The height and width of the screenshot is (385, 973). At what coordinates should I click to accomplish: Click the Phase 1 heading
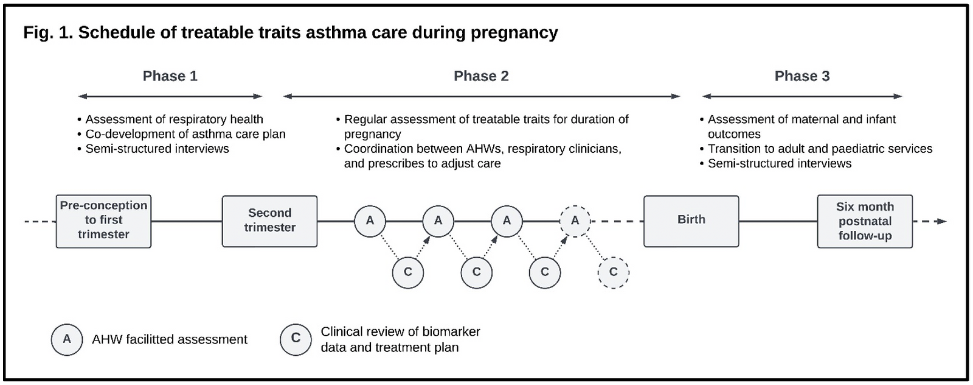click(x=170, y=76)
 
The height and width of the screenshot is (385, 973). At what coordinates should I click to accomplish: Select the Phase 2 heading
click(x=481, y=76)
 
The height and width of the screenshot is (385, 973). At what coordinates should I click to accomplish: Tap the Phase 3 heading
click(x=802, y=76)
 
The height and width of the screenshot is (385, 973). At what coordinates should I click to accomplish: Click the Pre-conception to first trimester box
click(x=104, y=221)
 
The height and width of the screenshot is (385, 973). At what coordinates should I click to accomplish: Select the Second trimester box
click(x=270, y=221)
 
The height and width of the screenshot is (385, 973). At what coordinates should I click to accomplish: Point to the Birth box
click(x=691, y=221)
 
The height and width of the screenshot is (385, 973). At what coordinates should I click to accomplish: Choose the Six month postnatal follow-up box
click(x=865, y=221)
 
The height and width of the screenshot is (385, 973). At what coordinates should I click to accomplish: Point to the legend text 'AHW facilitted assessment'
click(x=170, y=339)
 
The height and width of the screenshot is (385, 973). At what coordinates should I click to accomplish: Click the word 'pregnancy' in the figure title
click(x=514, y=33)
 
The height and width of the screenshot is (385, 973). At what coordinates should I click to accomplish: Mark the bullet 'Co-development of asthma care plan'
click(x=182, y=134)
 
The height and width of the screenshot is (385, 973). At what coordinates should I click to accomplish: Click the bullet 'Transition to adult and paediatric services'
click(x=816, y=149)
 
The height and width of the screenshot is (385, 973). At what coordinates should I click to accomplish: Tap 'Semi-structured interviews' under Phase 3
click(x=776, y=164)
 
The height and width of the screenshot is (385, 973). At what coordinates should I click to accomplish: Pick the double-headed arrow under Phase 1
click(x=170, y=96)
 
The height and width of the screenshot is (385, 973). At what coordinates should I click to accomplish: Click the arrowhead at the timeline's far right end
click(x=942, y=221)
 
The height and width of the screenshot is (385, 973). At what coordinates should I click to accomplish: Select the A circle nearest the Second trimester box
click(x=370, y=221)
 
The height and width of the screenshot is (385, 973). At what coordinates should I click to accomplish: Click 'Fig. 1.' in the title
click(x=48, y=33)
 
